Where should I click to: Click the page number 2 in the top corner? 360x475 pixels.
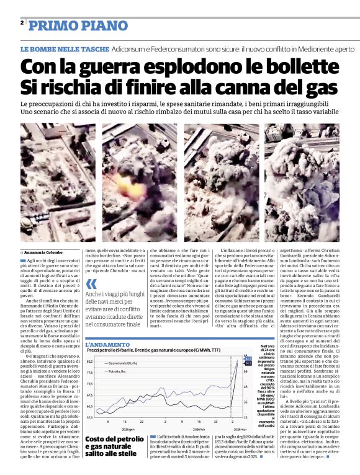coord(22,23)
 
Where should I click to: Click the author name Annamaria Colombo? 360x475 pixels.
coord(43,253)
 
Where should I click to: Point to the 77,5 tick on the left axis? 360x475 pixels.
coord(90,373)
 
